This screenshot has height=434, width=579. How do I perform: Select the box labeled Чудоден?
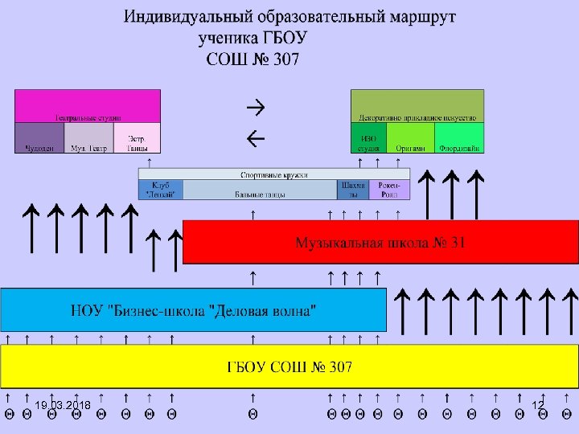(x=39, y=138)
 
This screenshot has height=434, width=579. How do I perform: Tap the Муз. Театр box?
(x=88, y=138)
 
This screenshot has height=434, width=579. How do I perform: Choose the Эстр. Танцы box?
(x=137, y=138)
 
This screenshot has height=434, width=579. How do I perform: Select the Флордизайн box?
(x=460, y=138)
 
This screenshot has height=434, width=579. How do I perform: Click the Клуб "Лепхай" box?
(x=161, y=190)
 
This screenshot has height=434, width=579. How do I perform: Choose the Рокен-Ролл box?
(x=389, y=190)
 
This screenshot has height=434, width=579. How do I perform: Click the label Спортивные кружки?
(x=274, y=174)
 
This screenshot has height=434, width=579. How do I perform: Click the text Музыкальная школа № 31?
(x=380, y=242)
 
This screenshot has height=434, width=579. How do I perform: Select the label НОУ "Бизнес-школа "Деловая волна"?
(x=194, y=309)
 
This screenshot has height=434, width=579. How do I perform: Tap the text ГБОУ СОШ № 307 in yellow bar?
(x=289, y=367)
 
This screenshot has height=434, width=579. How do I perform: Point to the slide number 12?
(x=538, y=404)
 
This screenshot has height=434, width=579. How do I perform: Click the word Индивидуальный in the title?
(x=185, y=16)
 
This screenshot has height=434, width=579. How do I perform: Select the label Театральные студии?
(x=88, y=117)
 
